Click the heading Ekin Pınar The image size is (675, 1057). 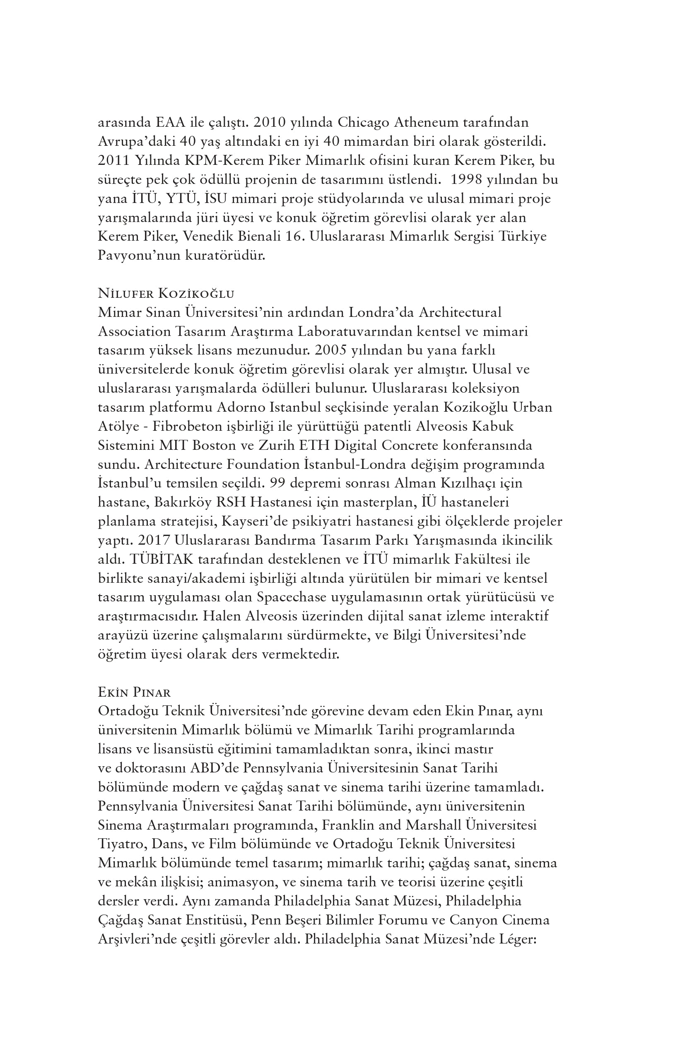coord(134,692)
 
